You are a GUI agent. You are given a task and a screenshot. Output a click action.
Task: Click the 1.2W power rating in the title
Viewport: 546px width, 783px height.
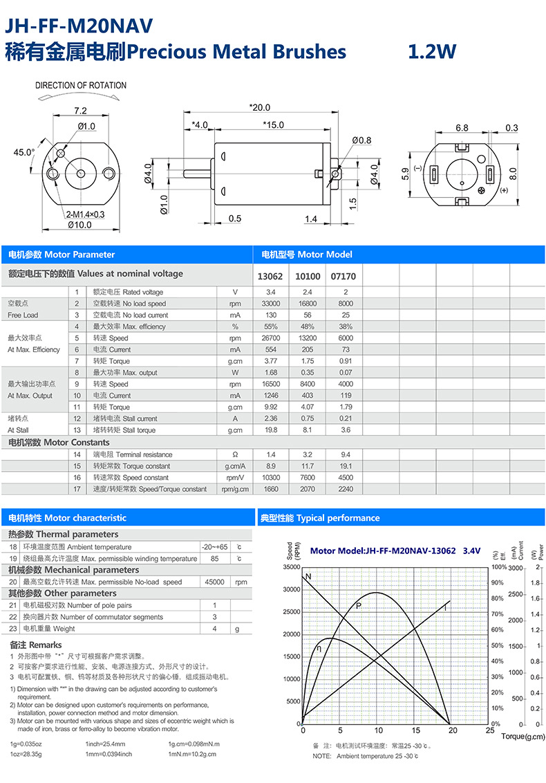(x=431, y=52)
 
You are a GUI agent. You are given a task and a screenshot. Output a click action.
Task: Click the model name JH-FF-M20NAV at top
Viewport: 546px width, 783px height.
(x=79, y=26)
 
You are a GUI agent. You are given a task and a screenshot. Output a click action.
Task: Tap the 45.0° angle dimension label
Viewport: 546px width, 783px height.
(x=23, y=152)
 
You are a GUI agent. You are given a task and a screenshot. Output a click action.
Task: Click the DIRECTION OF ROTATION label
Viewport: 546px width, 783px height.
(x=81, y=86)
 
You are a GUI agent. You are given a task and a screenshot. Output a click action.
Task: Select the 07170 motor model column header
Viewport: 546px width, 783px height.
(x=343, y=276)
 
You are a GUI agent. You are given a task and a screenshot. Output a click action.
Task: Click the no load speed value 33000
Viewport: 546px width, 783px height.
(x=270, y=304)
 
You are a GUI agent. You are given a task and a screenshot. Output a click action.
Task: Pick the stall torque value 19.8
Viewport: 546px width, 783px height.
(x=270, y=430)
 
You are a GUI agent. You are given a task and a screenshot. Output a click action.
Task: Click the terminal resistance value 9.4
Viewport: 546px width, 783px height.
(x=346, y=454)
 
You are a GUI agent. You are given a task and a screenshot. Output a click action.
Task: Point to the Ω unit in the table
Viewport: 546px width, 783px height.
(x=235, y=454)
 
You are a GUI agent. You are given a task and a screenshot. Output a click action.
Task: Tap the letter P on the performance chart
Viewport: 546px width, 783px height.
(x=359, y=606)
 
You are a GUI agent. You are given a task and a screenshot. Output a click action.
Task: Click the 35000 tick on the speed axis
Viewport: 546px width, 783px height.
(x=291, y=567)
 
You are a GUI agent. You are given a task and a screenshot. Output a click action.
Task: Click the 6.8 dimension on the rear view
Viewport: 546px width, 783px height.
(x=462, y=128)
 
